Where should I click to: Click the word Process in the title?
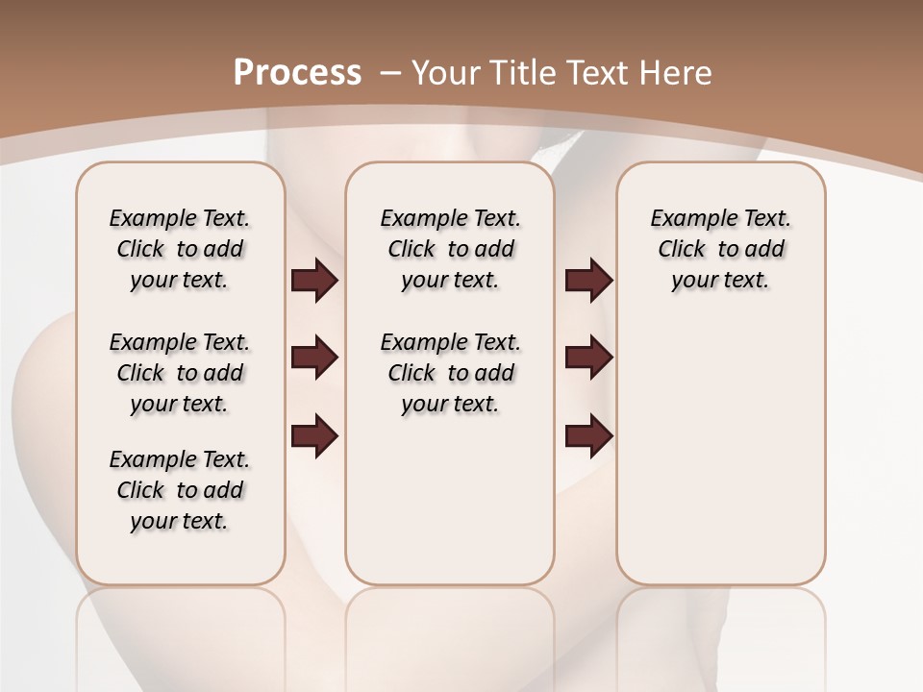(297, 72)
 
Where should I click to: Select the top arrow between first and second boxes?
(314, 281)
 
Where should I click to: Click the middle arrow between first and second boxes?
(314, 358)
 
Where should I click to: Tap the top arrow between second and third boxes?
(588, 281)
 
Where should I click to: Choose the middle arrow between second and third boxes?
(588, 358)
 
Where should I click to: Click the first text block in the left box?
(180, 249)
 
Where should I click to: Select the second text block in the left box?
(180, 373)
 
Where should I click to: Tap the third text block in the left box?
(180, 490)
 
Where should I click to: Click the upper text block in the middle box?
(450, 249)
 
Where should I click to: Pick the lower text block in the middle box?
(450, 373)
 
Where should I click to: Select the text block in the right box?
(720, 249)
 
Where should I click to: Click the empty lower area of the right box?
(720, 452)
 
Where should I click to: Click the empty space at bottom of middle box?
(450, 509)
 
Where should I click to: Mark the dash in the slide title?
(390, 72)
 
